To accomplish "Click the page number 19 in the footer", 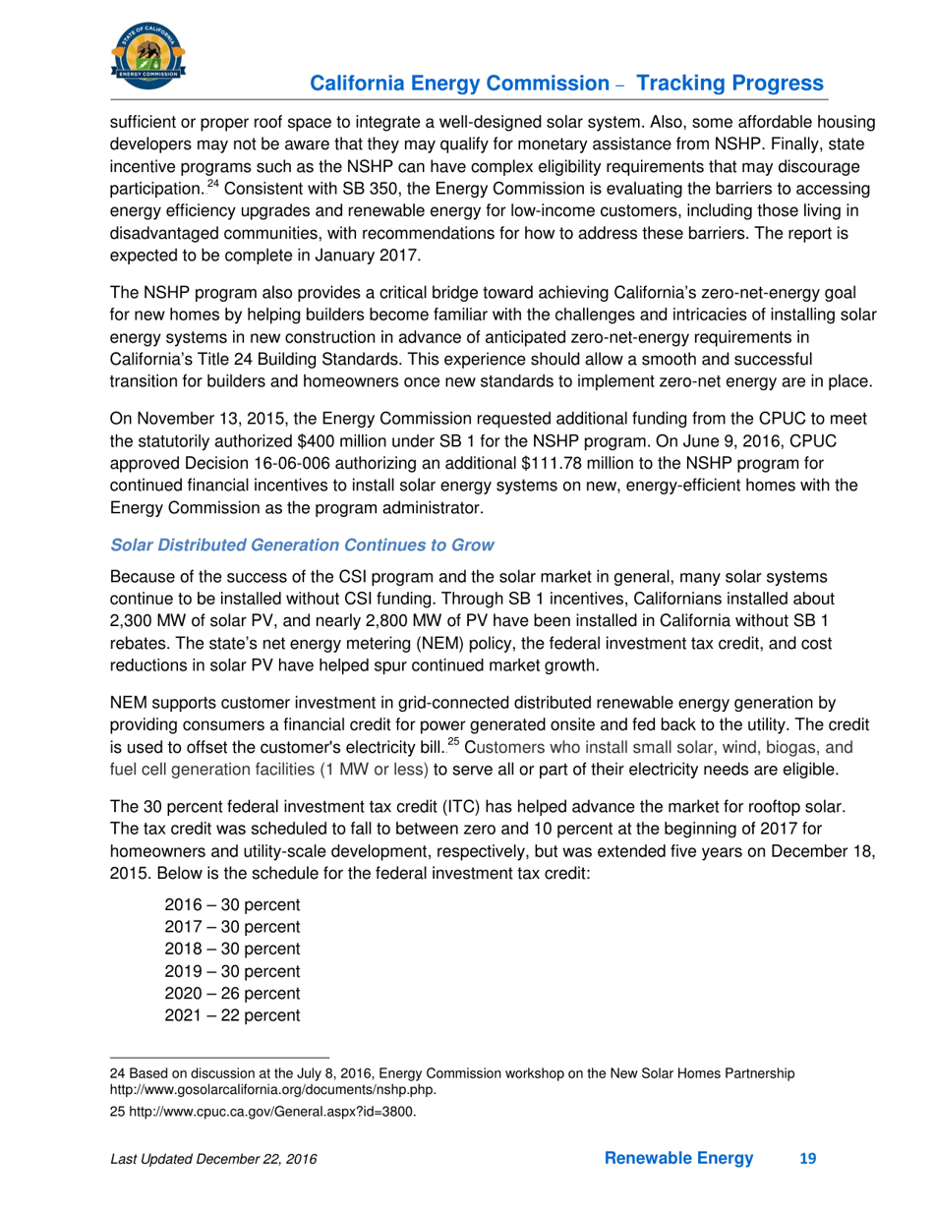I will [x=807, y=1160].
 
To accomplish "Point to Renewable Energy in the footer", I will [x=679, y=1160].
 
